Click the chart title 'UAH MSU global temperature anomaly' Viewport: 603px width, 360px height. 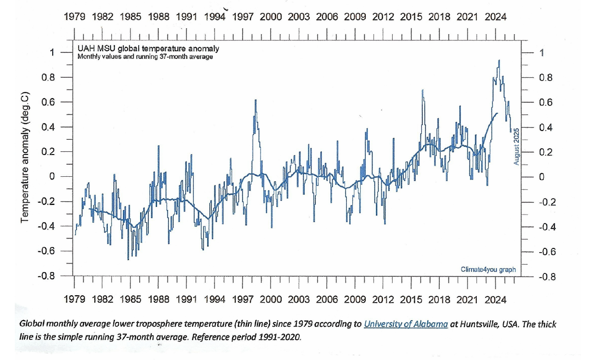pyautogui.click(x=148, y=49)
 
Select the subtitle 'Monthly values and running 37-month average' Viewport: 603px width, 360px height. pyautogui.click(x=145, y=57)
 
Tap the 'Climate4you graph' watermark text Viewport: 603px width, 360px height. pyautogui.click(x=488, y=269)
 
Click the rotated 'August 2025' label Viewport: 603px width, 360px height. pyautogui.click(x=517, y=145)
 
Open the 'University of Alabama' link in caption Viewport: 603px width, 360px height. pyautogui.click(x=406, y=324)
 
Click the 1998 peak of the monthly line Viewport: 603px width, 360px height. pyautogui.click(x=255, y=100)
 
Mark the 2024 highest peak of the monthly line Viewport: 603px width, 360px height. pyautogui.click(x=499, y=60)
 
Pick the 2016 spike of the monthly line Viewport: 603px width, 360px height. pyautogui.click(x=423, y=90)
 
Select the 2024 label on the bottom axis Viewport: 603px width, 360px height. pyautogui.click(x=496, y=299)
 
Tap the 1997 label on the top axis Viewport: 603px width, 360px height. pyautogui.click(x=243, y=17)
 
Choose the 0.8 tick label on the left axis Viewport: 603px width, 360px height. pyautogui.click(x=48, y=77)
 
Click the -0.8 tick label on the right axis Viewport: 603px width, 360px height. pyautogui.click(x=543, y=277)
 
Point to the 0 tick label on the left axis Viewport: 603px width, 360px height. pyautogui.click(x=52, y=177)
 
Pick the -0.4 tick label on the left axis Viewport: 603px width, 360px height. pyautogui.click(x=46, y=226)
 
